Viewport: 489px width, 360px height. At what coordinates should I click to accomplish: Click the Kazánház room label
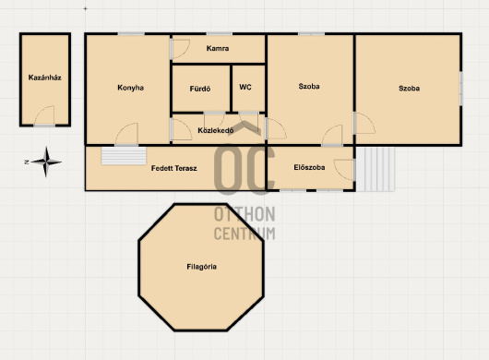44,78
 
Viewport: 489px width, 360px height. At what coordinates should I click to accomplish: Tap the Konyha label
130,88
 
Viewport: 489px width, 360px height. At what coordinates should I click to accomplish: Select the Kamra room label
218,48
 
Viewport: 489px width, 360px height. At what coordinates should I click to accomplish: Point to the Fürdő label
200,89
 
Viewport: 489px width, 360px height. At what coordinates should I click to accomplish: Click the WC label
245,87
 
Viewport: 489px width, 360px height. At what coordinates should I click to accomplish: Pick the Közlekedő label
216,130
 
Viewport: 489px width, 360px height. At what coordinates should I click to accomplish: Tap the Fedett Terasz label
174,168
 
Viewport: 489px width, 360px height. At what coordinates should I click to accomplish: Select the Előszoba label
309,167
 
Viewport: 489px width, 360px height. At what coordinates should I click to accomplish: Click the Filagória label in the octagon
201,267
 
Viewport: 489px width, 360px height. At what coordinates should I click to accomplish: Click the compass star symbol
46,162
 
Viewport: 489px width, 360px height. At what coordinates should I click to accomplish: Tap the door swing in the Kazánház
44,115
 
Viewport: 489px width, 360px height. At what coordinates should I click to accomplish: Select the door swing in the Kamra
181,49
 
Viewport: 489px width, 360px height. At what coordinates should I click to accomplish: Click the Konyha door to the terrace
126,134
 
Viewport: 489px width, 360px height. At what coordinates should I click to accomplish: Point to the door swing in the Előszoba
343,169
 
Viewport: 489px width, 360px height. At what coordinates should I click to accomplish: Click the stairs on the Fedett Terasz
124,156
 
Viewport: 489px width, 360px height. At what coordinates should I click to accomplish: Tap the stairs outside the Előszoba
376,169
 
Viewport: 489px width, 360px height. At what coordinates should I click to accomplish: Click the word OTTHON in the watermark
244,214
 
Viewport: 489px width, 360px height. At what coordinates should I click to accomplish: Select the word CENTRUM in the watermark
244,233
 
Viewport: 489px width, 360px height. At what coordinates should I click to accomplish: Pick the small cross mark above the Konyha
85,8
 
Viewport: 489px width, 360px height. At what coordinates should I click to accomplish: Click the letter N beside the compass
27,162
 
